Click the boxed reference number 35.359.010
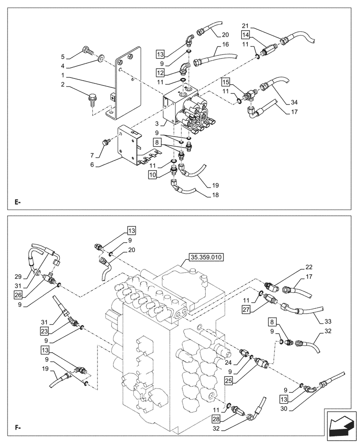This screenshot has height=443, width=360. click(x=206, y=256)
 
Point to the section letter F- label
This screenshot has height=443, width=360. click(x=18, y=428)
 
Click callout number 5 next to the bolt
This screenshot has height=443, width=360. click(x=63, y=57)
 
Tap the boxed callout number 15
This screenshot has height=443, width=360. click(x=226, y=82)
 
